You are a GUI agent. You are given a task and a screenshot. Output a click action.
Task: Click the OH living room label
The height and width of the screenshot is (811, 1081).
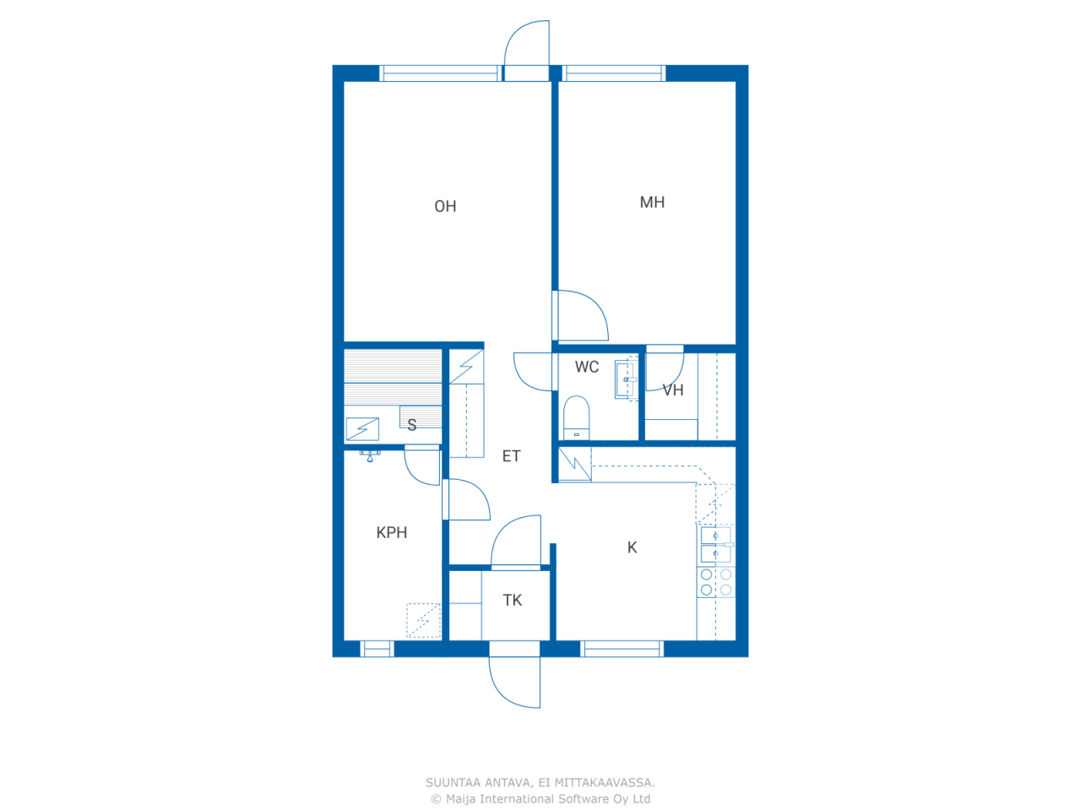tap(445, 206)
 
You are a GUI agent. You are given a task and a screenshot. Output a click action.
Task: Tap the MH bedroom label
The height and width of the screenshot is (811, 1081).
tap(652, 202)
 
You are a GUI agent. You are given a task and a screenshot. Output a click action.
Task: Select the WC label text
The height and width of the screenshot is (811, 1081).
tap(587, 367)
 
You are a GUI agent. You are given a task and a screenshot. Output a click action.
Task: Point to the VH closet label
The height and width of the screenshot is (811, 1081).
tap(673, 390)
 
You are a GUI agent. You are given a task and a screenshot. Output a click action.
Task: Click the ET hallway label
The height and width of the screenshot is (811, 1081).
tap(511, 456)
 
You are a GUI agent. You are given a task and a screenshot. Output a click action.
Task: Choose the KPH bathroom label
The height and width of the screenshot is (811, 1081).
tap(392, 532)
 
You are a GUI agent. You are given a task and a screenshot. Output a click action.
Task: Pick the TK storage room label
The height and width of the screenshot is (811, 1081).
tap(512, 600)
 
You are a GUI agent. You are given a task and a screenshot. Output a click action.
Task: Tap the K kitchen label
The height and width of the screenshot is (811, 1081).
tap(633, 547)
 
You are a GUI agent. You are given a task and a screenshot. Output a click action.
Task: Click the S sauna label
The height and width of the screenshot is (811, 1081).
tap(412, 424)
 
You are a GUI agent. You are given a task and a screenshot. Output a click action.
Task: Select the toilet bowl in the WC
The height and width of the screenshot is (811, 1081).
tap(576, 417)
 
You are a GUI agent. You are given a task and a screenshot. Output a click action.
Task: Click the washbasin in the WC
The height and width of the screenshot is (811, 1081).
tap(625, 379)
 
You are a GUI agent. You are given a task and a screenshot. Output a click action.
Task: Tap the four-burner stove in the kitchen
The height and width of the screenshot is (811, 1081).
tap(715, 581)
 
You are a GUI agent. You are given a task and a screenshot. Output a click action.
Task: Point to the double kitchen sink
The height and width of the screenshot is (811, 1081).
tap(715, 544)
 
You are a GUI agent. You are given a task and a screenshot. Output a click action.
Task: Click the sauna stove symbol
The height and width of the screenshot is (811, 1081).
tap(362, 429)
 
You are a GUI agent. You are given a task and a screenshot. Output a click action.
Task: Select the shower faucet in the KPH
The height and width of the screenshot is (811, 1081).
tap(370, 455)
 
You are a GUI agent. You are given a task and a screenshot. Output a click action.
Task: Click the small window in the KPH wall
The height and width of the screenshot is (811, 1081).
tap(377, 649)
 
